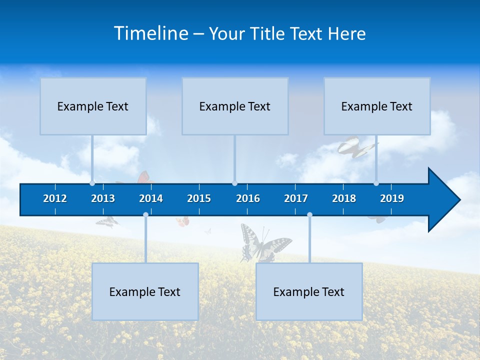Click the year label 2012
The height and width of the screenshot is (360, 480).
coord(55,198)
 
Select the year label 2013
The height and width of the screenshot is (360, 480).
coord(103,198)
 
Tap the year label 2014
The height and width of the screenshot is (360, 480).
coord(151,198)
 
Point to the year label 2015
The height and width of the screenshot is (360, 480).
coord(199,198)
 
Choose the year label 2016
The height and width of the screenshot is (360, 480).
coord(248,198)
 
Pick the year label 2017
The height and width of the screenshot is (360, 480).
coord(296,198)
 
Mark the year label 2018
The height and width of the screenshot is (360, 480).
coord(344,198)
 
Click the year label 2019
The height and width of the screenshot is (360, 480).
coord(392,198)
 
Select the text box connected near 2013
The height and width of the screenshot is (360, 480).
coord(93,106)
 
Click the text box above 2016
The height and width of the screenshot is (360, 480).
coord(235,106)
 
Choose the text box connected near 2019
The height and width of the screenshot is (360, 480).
coord(377,106)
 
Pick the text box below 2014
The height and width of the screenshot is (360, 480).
coord(145,291)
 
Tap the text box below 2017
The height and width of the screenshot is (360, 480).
coord(309,291)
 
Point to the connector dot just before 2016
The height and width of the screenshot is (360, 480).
coord(235,183)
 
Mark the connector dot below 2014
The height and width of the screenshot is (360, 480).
coord(145,215)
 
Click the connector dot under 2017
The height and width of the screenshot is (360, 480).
coord(309,215)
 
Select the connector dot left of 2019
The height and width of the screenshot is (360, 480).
coord(376,183)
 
